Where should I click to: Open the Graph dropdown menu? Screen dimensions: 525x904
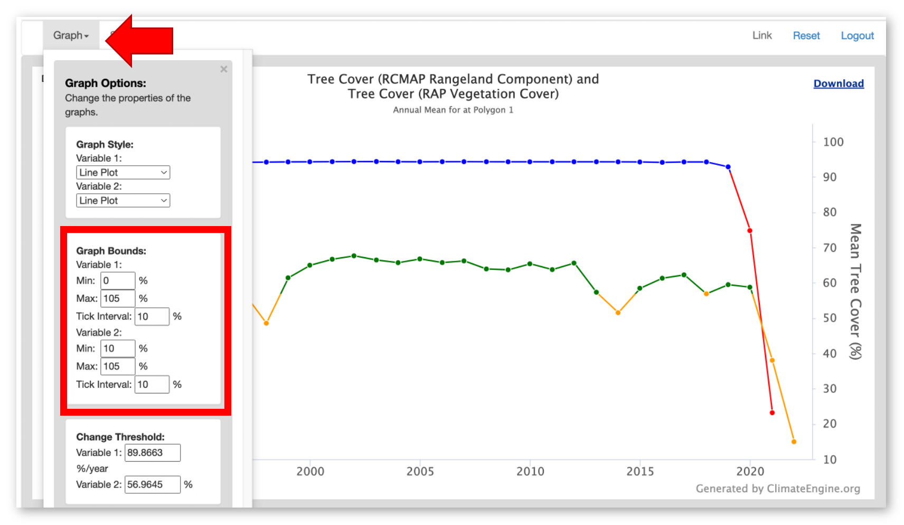tap(71, 35)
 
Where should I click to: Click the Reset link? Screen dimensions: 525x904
tap(806, 35)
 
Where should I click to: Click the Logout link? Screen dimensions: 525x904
tap(857, 35)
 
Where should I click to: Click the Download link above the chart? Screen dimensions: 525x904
tap(838, 83)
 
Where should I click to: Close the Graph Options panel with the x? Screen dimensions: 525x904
tap(224, 69)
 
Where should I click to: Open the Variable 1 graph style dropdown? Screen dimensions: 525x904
tap(123, 172)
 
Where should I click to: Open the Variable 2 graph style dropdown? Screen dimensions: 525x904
tap(123, 200)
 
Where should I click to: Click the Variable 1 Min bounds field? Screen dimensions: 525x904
tap(118, 280)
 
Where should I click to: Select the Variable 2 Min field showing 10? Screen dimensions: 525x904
tap(118, 349)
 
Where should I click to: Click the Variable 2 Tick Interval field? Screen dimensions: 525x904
tap(152, 385)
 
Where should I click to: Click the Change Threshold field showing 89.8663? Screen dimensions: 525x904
tap(152, 453)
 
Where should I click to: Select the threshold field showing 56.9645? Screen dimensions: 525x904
tap(152, 484)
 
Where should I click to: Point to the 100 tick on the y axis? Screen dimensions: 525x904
tap(833, 142)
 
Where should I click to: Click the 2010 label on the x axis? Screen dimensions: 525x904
tap(530, 471)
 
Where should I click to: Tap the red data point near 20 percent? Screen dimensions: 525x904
tap(772, 412)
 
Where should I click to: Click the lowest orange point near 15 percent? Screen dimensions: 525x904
tap(794, 442)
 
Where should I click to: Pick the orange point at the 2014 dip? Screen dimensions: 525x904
tap(618, 313)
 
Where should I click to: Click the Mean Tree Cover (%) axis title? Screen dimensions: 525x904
tap(855, 291)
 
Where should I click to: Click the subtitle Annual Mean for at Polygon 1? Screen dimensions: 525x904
tap(453, 110)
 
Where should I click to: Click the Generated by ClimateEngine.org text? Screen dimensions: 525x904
tap(777, 489)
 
